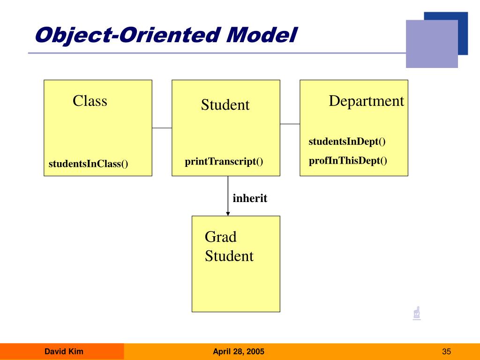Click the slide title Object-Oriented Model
166,36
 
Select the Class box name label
90,101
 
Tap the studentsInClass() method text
88,164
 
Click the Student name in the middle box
225,105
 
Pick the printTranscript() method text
224,162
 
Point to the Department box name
366,101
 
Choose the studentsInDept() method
347,142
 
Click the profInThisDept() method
348,161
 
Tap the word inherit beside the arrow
250,198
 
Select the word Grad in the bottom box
220,237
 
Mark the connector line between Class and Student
162,128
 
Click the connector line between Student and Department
290,124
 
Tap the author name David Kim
64,352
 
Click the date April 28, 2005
239,352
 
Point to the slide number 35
446,352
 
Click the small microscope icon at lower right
416,313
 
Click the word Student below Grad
229,256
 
